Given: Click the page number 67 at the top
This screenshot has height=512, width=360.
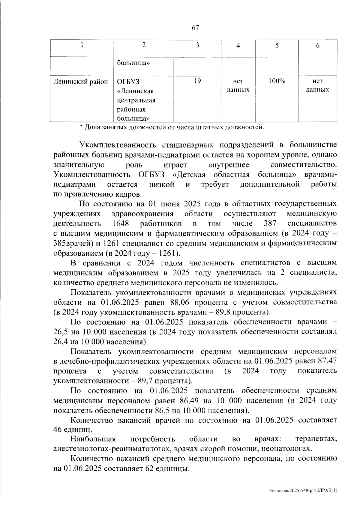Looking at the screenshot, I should (195, 28).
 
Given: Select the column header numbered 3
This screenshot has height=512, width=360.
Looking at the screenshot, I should (197, 46).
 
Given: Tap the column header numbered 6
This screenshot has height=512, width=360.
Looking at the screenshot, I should (318, 46).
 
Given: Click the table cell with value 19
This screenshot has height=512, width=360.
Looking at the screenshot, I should (197, 81).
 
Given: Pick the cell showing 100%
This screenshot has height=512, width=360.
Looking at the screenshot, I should (277, 81).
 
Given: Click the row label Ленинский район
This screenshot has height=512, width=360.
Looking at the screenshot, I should (80, 81).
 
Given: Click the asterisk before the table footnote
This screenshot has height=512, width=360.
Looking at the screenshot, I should (81, 127).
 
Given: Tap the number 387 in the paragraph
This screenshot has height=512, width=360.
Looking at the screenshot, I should (269, 224).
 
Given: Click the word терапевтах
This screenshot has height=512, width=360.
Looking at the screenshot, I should (316, 439).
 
